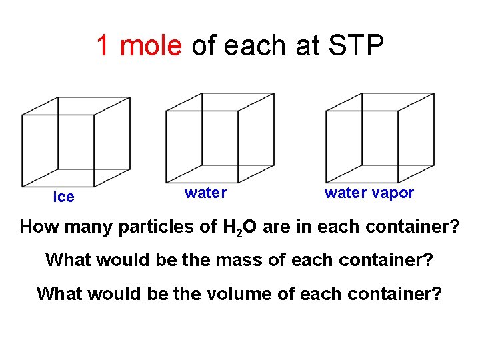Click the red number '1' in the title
103,45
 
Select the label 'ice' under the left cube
64,197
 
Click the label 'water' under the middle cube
205,193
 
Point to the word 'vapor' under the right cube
393,193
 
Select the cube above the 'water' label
219,137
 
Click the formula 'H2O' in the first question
239,227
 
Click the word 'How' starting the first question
39,227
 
